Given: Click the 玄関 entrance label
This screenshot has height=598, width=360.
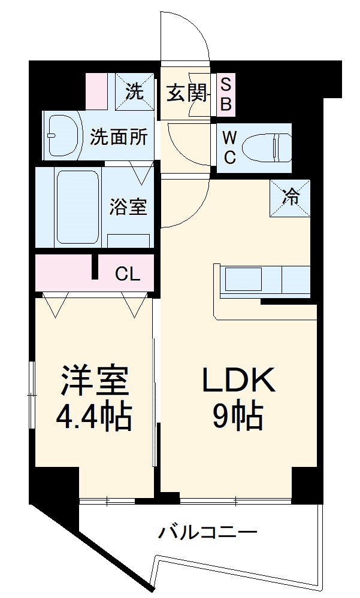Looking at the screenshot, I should (186, 93).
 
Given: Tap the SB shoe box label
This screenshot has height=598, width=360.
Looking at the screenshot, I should (226, 93).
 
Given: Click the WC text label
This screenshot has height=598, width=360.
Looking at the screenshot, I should (229, 147).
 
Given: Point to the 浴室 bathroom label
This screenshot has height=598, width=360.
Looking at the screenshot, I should (128, 207).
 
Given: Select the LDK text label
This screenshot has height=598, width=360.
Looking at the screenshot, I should (238, 380).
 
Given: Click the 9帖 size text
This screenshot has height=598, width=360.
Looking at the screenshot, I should (238, 417).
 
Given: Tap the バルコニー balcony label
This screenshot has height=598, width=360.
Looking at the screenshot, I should (207, 532).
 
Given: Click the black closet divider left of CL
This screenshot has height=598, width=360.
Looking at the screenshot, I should (95, 268).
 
